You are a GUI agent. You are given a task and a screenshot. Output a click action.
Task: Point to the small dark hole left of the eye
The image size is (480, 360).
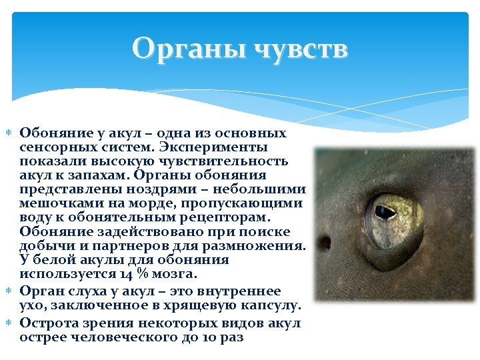(x=325, y=243)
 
